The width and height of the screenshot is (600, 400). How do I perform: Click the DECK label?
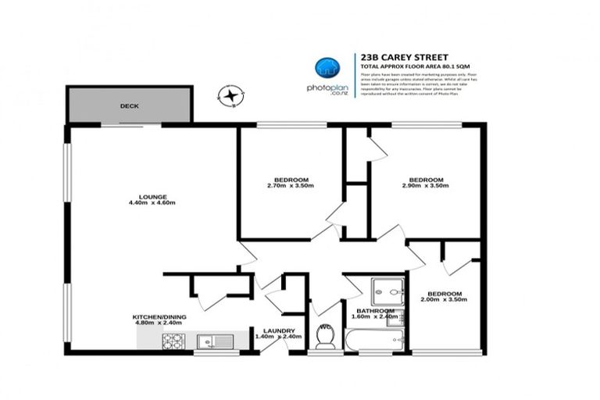(x=129, y=105)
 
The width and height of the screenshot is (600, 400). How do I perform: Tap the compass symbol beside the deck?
(x=230, y=97)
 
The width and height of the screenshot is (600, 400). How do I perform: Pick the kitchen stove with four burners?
(x=173, y=341)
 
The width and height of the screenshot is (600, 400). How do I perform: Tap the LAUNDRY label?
(x=279, y=330)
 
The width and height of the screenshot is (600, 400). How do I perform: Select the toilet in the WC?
(x=324, y=337)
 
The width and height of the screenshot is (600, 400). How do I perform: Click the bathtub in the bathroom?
(x=374, y=340)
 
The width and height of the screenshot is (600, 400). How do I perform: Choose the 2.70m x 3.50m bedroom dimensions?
(x=290, y=186)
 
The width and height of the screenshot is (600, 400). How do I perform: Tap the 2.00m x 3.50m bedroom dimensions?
(x=444, y=299)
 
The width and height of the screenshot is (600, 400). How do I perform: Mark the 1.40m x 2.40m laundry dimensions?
(x=277, y=337)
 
